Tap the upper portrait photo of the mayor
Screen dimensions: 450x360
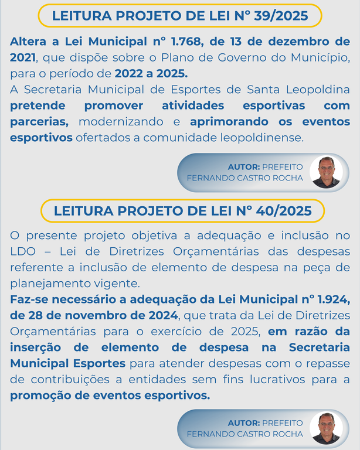coord(326,172)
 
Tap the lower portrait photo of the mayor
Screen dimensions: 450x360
coord(326,428)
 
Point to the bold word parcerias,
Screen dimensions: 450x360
coord(39,122)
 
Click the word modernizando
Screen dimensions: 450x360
coord(123,122)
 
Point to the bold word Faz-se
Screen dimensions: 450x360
coord(28,300)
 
